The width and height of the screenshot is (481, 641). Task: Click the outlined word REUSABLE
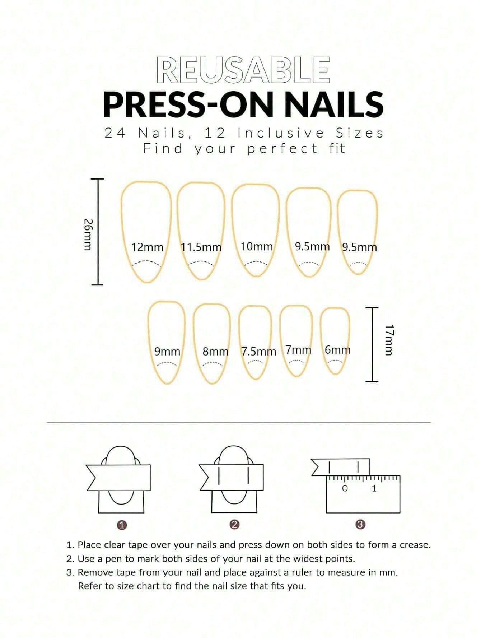coord(243,70)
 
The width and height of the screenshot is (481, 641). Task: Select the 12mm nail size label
coord(147,247)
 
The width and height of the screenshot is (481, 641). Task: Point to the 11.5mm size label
coord(201,247)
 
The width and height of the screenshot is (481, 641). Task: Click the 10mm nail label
coord(257,247)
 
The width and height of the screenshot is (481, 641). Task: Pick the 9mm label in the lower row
coord(167,352)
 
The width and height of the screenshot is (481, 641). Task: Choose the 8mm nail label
coord(215,352)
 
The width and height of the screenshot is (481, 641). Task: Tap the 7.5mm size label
coord(259,352)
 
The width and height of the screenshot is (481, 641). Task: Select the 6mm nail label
coord(337,350)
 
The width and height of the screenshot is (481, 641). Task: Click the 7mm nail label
coord(298,350)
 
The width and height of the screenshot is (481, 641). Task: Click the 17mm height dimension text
coord(389,339)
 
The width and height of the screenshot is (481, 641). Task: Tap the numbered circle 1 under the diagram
coord(122,525)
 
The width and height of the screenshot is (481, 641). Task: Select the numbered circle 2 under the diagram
coord(234,525)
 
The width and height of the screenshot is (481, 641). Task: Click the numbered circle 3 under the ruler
coord(360,525)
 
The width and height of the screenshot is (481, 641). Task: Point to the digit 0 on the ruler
coord(345,488)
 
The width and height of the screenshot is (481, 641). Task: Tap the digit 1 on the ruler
coord(374,488)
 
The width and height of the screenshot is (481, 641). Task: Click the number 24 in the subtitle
coord(115,133)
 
